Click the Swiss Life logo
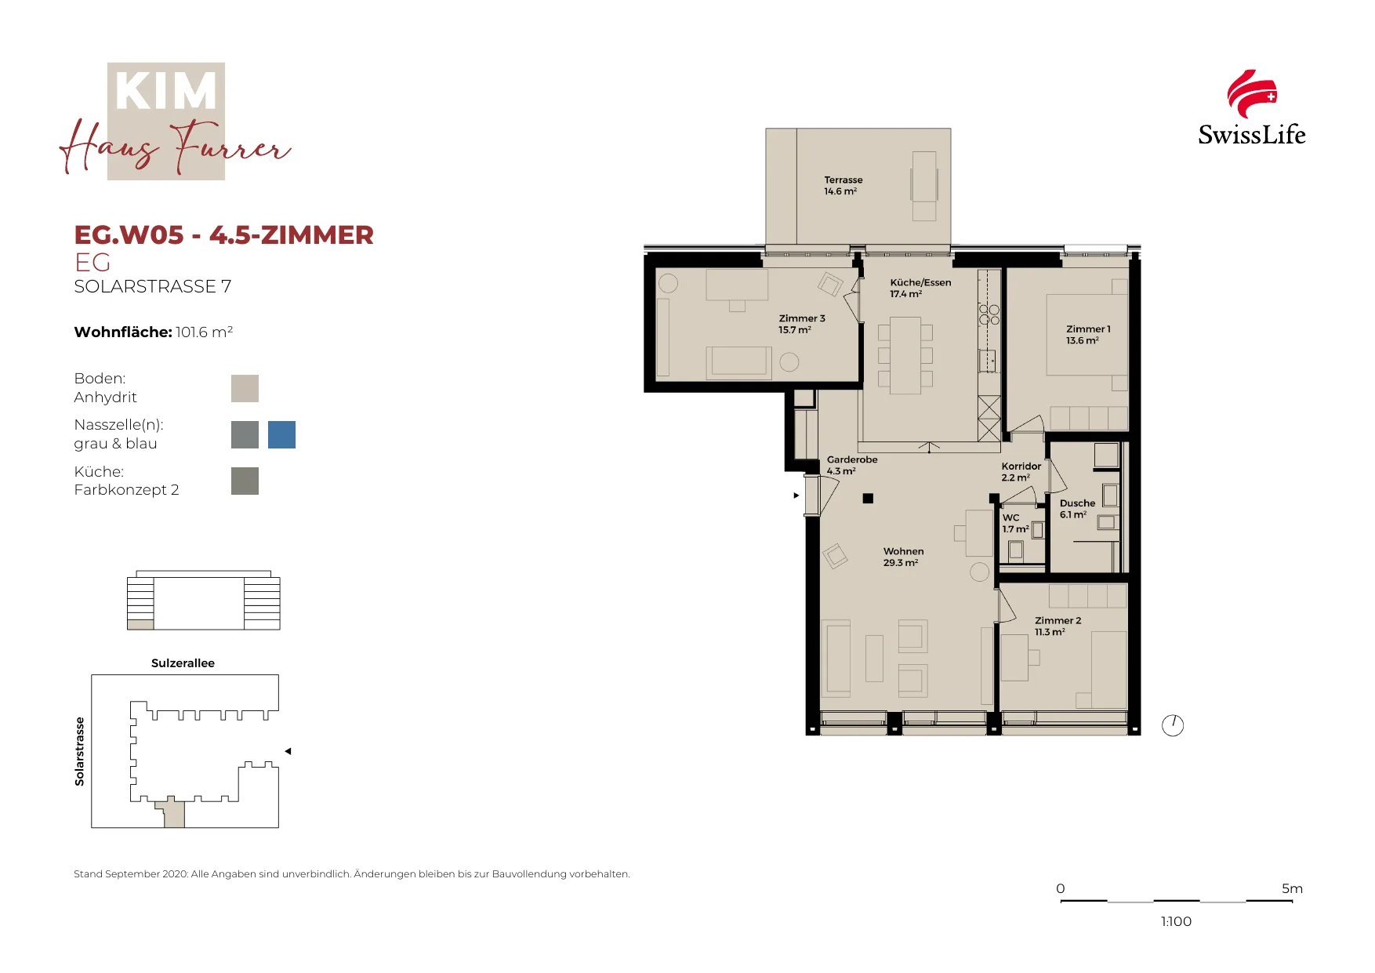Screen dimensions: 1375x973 point(1251,108)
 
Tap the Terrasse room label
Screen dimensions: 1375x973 point(843,185)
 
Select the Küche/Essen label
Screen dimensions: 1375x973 point(920,288)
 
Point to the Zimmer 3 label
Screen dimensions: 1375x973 point(802,324)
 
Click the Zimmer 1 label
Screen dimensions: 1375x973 point(1088,335)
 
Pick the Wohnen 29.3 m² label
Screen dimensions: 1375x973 point(903,557)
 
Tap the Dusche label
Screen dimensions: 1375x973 point(1077,509)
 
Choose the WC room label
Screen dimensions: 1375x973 point(1015,523)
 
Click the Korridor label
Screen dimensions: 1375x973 point(1021,471)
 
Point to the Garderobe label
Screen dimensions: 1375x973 point(851,465)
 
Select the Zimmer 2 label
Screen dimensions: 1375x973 point(1058,626)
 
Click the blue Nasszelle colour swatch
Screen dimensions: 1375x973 point(281,434)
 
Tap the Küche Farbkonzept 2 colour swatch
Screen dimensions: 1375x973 point(245,481)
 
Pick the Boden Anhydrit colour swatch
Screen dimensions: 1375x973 point(245,388)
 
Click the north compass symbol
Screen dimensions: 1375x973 point(1173,725)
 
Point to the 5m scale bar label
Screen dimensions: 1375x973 point(1292,888)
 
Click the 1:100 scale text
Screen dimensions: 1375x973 point(1176,921)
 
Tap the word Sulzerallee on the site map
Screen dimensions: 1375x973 point(183,663)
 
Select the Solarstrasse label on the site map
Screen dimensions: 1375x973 point(79,751)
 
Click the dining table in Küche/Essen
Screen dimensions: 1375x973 point(905,355)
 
